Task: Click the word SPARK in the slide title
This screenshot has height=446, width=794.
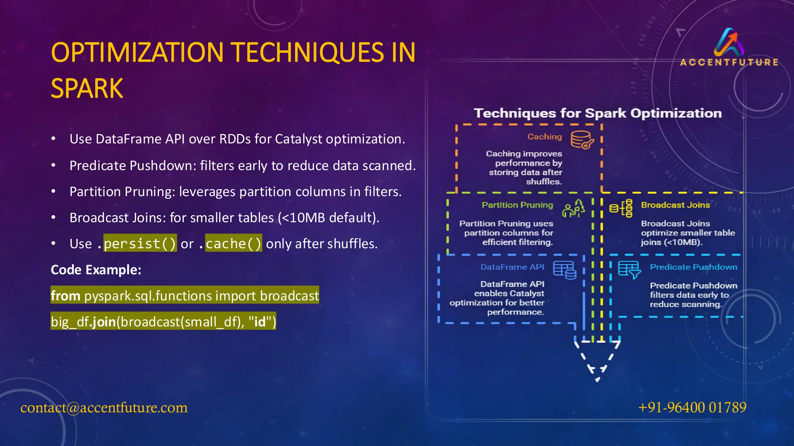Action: (x=87, y=89)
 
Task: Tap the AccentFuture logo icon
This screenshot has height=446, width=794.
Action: (x=729, y=42)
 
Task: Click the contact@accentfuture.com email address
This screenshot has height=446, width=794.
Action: (x=104, y=407)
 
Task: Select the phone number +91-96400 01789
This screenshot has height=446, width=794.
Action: (x=692, y=407)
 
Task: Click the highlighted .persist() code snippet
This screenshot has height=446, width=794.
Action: (x=140, y=244)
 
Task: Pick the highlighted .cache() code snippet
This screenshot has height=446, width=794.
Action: (x=233, y=244)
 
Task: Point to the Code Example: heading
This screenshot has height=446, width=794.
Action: (x=96, y=270)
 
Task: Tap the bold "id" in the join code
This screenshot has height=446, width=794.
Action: (x=260, y=322)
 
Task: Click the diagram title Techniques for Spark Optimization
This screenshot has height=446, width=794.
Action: (x=597, y=113)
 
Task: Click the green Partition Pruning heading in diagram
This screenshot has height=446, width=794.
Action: (x=517, y=205)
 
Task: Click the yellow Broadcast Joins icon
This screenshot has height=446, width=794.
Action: (x=621, y=208)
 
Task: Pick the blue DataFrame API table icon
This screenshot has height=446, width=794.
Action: (x=564, y=270)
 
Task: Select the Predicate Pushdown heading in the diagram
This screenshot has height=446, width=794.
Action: (x=693, y=267)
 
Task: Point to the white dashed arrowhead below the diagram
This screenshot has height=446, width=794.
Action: (x=597, y=360)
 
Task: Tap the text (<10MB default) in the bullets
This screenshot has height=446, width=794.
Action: (x=328, y=218)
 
